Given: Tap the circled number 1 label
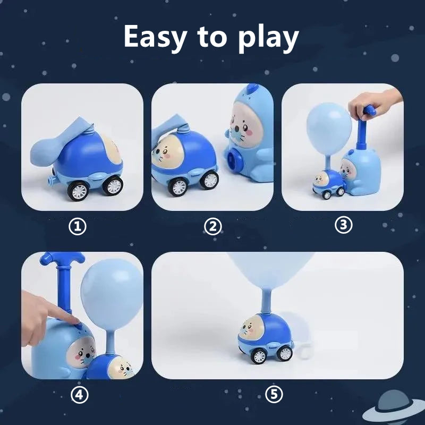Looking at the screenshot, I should pos(79,227).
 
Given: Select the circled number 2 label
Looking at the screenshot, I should pos(213,227).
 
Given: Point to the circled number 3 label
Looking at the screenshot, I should pos(344,225).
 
